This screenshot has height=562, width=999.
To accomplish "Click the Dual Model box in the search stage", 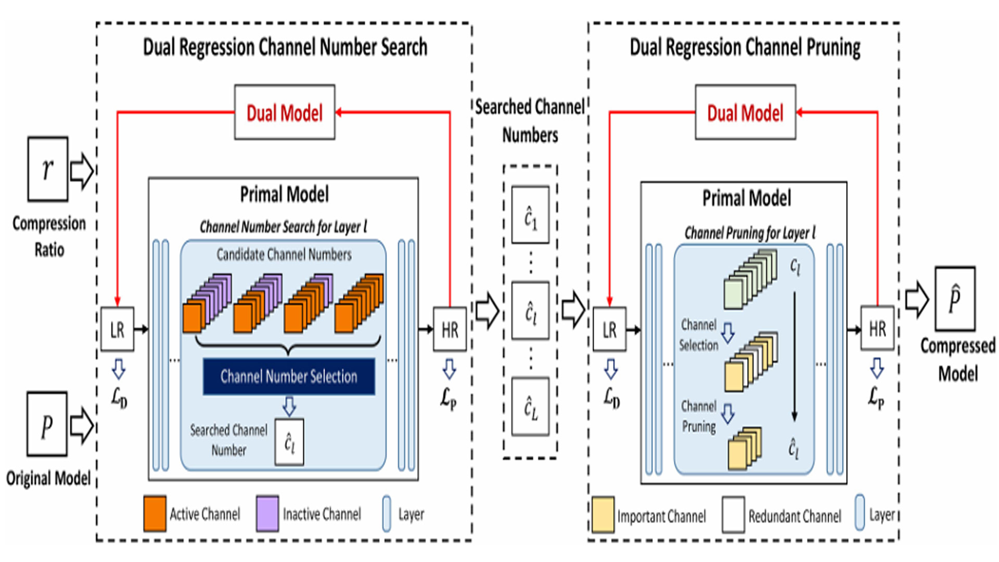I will click(x=284, y=112).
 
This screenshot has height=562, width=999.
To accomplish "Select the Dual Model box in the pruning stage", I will click(x=745, y=112).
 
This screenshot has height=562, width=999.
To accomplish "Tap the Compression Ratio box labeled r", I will click(x=47, y=169).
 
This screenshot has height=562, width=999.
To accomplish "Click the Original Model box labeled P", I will click(x=47, y=424).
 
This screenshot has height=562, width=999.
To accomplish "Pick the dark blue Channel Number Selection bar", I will click(x=289, y=376).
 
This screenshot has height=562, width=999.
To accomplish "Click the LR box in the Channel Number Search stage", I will click(x=117, y=329).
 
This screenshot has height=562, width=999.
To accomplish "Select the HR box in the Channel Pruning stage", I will click(x=877, y=328).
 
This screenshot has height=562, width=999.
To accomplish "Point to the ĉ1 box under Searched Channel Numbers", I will click(x=530, y=215).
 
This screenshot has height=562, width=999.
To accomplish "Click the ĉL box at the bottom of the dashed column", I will click(x=530, y=407).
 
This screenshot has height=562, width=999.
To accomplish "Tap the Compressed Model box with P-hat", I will click(x=955, y=299).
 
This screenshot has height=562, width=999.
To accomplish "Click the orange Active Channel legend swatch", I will click(x=155, y=514).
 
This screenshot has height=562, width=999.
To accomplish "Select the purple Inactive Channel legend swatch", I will click(x=267, y=514).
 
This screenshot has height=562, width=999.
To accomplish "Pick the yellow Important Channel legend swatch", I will click(x=603, y=515).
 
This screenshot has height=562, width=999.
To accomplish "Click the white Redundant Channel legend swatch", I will click(x=733, y=515).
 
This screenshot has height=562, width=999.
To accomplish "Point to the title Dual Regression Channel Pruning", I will click(x=745, y=47).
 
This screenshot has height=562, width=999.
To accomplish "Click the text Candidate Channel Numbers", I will click(x=284, y=254).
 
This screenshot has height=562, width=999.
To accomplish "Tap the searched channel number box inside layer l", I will click(x=289, y=442).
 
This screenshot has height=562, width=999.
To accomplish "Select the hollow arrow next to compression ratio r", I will click(x=82, y=171).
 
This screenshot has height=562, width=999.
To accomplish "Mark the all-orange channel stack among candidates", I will click(x=359, y=304).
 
